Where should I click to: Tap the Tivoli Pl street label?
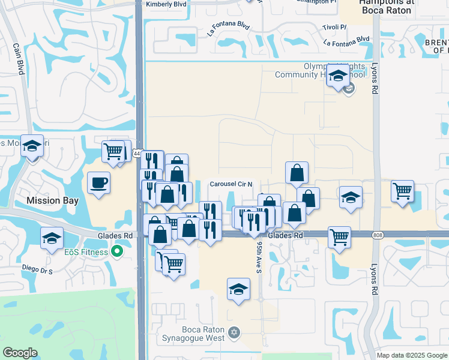[336, 28]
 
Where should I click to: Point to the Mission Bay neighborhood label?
[52, 200]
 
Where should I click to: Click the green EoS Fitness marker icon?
[118, 252]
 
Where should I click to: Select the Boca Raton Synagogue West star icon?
[234, 331]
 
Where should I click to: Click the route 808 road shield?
[377, 235]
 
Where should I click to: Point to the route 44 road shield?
[137, 154]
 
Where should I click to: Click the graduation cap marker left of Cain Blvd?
[32, 145]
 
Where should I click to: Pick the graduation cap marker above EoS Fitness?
[52, 238]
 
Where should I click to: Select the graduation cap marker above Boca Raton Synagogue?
[238, 289]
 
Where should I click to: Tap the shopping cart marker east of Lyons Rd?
[402, 191]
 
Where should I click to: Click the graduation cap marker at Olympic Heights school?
[338, 76]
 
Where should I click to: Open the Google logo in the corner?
[20, 352]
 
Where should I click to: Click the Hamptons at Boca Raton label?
[377, 7]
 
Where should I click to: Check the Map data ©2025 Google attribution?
[412, 355]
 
